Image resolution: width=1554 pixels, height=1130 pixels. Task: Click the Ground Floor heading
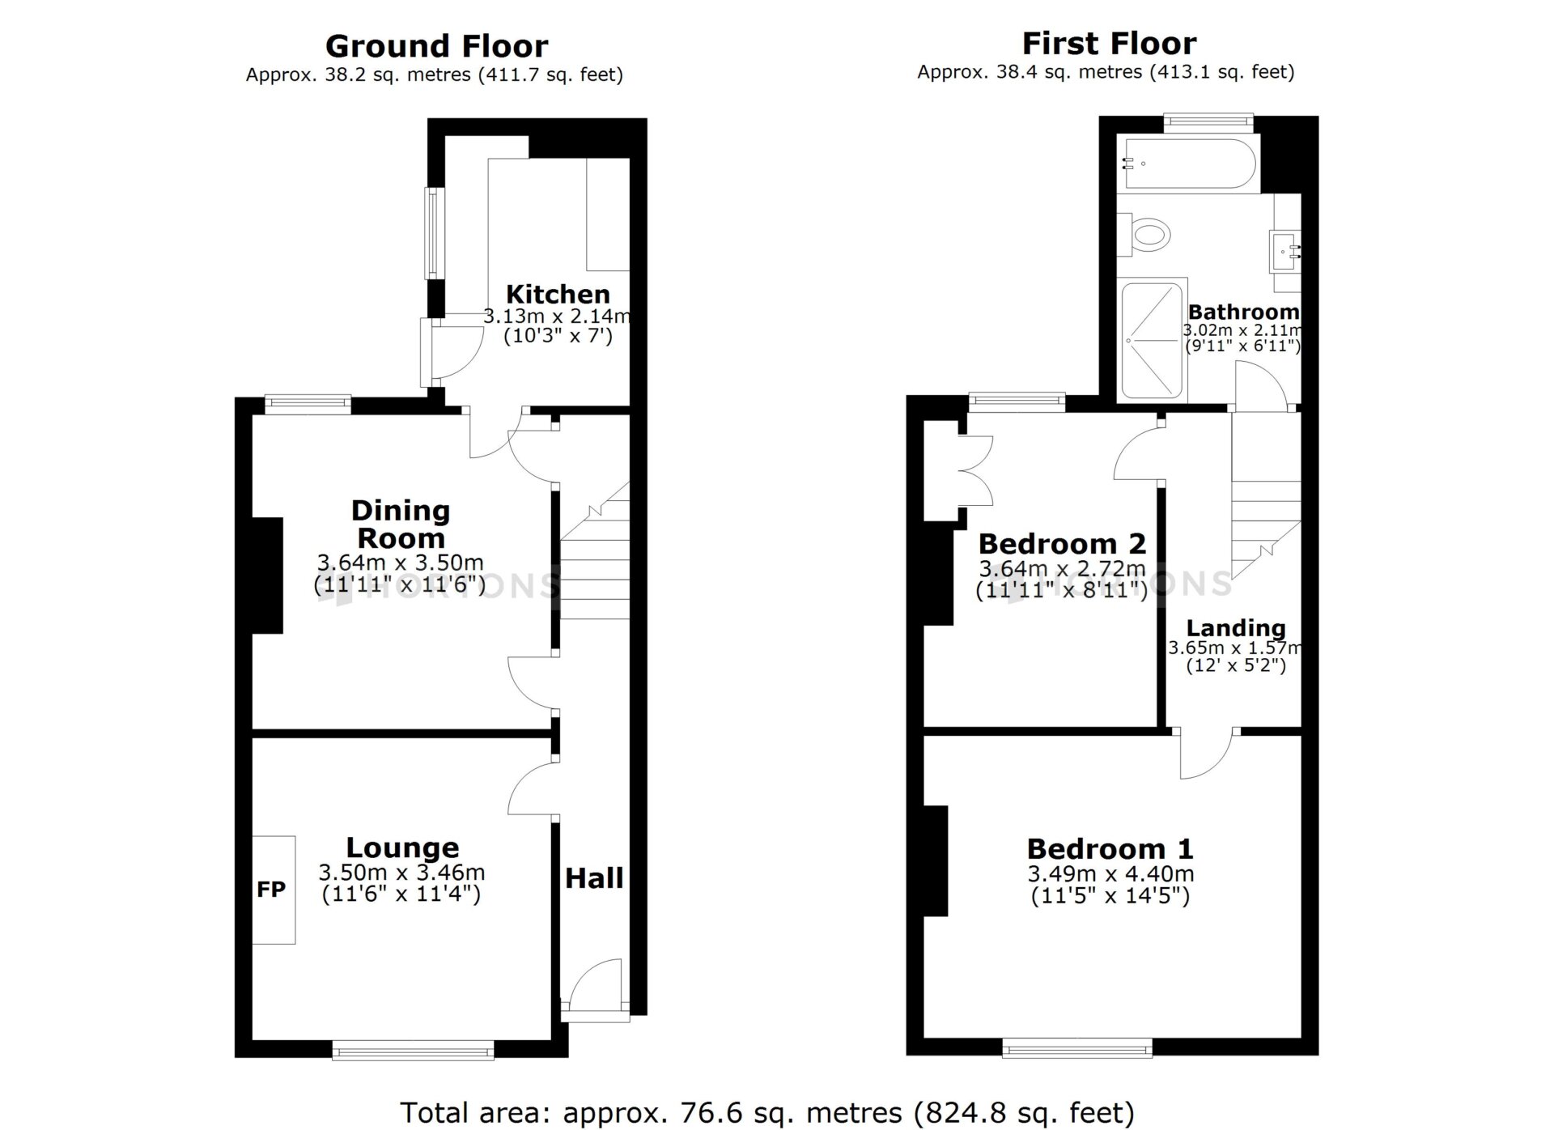(436, 46)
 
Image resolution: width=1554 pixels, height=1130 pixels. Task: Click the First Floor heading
(1109, 43)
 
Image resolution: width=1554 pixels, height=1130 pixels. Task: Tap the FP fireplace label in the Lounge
(271, 890)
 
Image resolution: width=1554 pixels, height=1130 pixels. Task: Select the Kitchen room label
(558, 294)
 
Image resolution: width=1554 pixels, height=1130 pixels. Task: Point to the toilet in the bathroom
(1144, 235)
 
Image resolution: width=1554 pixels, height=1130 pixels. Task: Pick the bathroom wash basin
(1285, 250)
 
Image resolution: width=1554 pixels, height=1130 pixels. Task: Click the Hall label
(594, 878)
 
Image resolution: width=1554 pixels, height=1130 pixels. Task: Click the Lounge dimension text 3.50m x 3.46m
(401, 873)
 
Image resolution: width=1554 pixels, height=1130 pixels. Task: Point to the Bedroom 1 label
(1110, 849)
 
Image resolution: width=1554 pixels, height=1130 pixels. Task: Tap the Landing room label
(1236, 628)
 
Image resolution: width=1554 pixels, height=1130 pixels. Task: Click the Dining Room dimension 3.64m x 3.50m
(401, 563)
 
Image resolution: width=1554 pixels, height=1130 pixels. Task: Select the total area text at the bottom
(767, 1112)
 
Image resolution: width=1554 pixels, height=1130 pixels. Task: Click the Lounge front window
(413, 1051)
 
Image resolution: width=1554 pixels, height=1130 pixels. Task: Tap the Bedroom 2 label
(1062, 544)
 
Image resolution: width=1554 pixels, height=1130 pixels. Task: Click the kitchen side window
(435, 233)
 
